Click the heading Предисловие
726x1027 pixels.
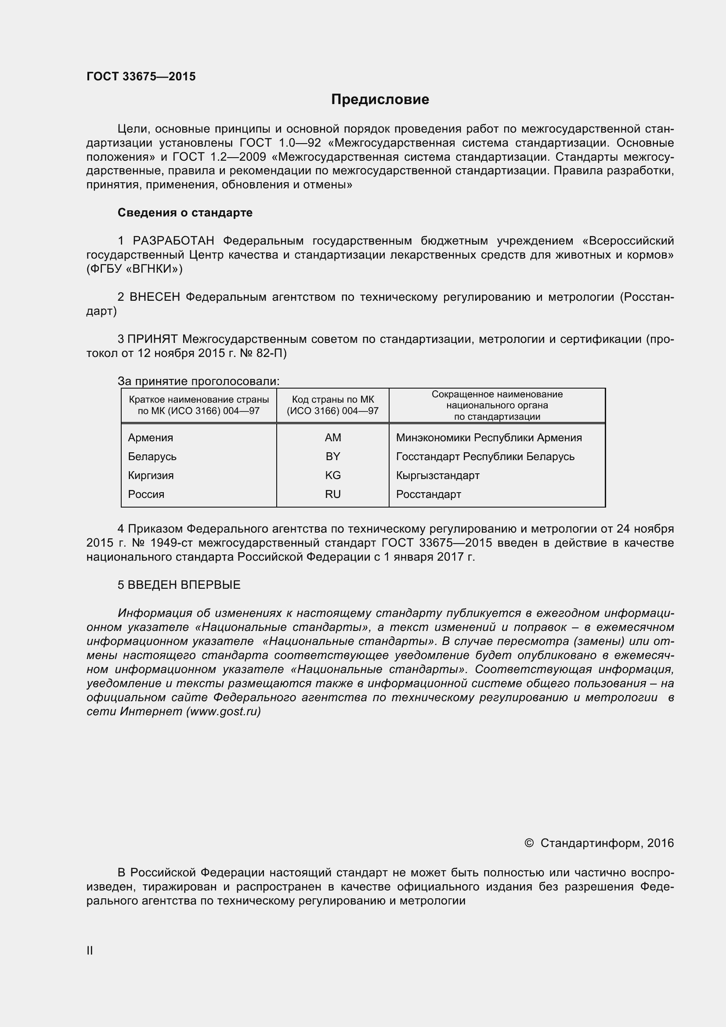[380, 99]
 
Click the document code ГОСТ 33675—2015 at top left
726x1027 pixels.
[141, 76]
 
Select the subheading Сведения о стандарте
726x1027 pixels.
[185, 213]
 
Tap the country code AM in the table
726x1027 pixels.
[333, 437]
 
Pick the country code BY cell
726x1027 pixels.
[333, 456]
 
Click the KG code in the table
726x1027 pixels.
[333, 475]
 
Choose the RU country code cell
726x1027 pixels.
[333, 494]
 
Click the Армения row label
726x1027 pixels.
[150, 437]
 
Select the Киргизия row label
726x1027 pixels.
[151, 475]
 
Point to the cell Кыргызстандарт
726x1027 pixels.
[437, 475]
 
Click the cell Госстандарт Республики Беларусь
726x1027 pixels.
[485, 456]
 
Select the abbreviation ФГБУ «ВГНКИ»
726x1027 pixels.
[134, 269]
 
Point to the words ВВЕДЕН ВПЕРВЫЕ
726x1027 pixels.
[184, 584]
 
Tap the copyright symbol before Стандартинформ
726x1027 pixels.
[529, 843]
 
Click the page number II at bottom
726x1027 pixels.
[90, 951]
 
